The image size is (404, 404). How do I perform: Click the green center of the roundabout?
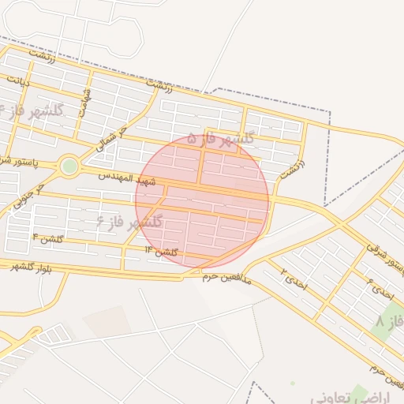69,166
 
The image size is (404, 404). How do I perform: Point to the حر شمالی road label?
111,137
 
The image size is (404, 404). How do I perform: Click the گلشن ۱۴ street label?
161,251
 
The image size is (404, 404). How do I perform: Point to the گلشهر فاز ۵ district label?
222,140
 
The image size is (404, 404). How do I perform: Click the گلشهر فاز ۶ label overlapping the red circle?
129,222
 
